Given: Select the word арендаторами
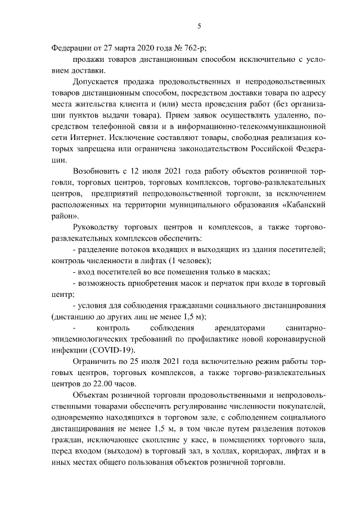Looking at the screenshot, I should coord(240,327).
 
